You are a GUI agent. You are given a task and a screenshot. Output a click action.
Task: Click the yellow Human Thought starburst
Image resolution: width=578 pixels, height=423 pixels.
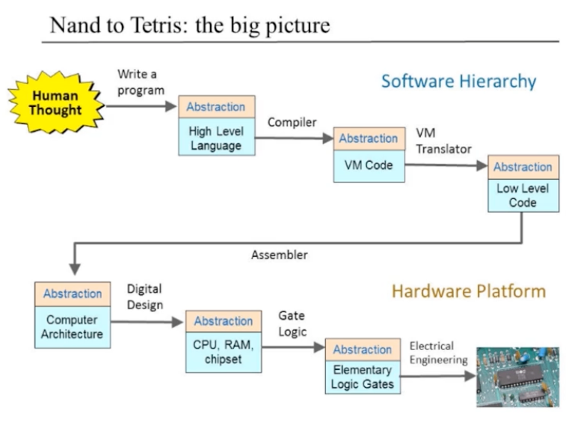(x=56, y=103)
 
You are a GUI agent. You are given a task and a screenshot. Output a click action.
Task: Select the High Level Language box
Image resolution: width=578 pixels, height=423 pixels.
(x=217, y=126)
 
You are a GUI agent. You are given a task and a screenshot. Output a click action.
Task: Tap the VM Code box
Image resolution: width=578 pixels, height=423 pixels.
(x=369, y=155)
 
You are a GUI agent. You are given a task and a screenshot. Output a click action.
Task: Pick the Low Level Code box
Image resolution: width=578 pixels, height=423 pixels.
(x=523, y=183)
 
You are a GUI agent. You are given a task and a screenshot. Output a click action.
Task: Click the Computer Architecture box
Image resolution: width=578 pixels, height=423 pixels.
(x=73, y=315)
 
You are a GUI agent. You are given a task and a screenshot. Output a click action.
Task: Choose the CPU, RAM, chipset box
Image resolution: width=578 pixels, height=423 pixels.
(x=224, y=341)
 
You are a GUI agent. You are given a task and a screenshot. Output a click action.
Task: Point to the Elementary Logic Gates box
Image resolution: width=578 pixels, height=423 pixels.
(x=363, y=366)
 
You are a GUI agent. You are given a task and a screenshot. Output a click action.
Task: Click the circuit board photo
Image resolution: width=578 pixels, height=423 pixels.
(x=517, y=377)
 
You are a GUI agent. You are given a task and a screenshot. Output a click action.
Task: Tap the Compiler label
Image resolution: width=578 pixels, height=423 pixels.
(x=292, y=122)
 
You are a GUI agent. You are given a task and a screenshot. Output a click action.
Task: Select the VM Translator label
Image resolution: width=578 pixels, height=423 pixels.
(x=444, y=141)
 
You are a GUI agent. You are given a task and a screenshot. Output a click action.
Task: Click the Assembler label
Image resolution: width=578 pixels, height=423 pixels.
(x=280, y=255)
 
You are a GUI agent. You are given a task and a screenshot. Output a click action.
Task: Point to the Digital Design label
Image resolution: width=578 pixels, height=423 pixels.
(x=144, y=296)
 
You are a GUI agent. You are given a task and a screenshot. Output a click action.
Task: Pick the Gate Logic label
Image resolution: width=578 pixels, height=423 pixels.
(x=292, y=323)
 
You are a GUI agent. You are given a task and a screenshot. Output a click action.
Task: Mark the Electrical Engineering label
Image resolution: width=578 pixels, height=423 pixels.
(x=439, y=353)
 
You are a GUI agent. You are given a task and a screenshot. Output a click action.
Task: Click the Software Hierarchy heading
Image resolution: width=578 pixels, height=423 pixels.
(x=458, y=81)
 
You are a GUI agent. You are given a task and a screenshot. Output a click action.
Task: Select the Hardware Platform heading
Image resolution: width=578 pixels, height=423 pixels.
(x=469, y=290)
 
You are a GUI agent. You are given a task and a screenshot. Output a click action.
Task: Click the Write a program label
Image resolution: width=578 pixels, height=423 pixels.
(x=141, y=82)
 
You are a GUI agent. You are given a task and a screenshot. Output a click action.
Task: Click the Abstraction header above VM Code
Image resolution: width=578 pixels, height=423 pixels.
(x=369, y=139)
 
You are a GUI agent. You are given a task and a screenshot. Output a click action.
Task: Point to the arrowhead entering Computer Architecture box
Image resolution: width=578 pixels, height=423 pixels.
(x=75, y=269)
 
